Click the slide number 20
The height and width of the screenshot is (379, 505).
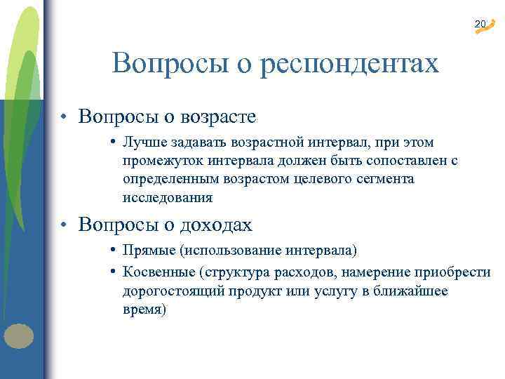480,25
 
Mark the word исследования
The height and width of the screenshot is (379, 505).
167,198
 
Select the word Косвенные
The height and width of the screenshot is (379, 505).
158,272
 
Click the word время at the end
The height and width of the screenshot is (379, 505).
144,310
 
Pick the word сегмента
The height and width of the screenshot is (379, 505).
389,180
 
